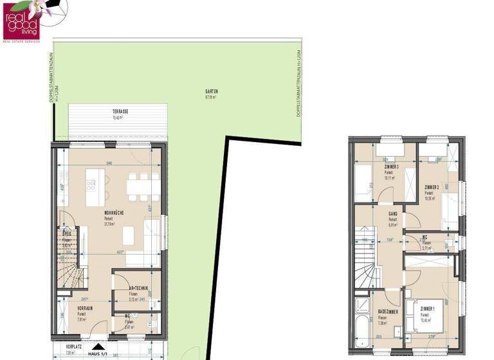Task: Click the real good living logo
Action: (21, 19)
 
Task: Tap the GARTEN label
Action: (210, 94)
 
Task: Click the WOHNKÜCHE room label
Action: (114, 213)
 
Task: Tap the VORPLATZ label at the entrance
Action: (75, 346)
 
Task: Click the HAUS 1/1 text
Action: (97, 354)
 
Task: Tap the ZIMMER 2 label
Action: (432, 187)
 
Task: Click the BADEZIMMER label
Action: (387, 311)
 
